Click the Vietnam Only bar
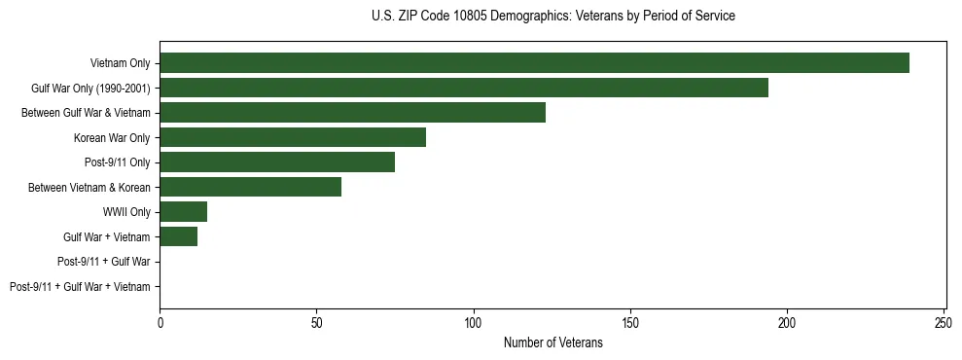(534, 63)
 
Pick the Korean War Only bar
(293, 137)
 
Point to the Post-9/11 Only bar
(277, 162)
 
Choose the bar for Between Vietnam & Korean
(250, 187)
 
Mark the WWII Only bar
(183, 212)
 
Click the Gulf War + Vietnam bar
(178, 236)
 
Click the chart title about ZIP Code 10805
(553, 17)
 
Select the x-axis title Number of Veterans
(553, 342)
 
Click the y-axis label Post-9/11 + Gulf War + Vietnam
(80, 286)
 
